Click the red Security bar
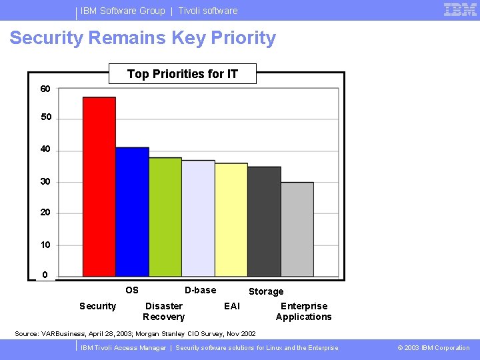99,187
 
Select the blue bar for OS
132,211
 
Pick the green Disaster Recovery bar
165,217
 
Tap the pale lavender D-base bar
198,218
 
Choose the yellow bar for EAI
231,219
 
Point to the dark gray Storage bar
264,221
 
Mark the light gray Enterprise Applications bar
297,229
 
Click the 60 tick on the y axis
45,89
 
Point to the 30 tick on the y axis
45,181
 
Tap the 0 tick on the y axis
45,275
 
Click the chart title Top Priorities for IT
182,73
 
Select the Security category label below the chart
97,306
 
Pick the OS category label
132,290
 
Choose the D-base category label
200,290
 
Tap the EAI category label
232,306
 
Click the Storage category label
266,291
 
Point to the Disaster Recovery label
163,311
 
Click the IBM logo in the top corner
460,10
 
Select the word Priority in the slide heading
243,38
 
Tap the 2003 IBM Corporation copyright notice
433,348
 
